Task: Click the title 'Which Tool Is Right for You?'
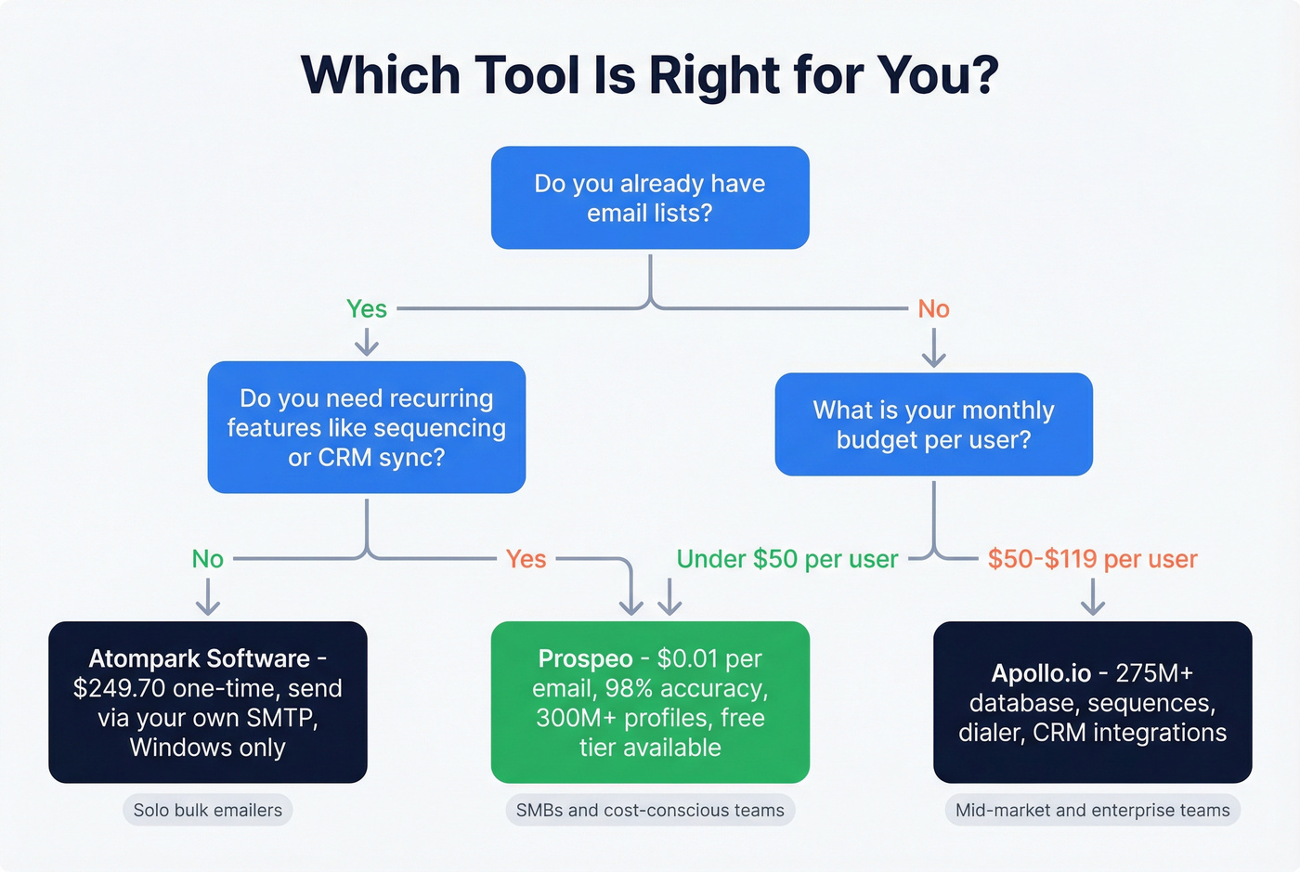pyautogui.click(x=649, y=75)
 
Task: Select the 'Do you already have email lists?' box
pyautogui.click(x=650, y=198)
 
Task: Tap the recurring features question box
pyautogui.click(x=367, y=427)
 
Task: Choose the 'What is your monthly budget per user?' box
pyautogui.click(x=933, y=424)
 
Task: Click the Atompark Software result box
pyautogui.click(x=208, y=702)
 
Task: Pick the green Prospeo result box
pyautogui.click(x=650, y=702)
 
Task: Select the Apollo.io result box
pyautogui.click(x=1092, y=702)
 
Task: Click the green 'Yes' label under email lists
pyautogui.click(x=367, y=309)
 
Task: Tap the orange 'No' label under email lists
pyautogui.click(x=933, y=309)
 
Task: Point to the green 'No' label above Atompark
pyautogui.click(x=208, y=559)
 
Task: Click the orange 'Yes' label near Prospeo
pyautogui.click(x=526, y=559)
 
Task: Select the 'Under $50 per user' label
pyautogui.click(x=787, y=559)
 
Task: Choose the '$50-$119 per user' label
pyautogui.click(x=1092, y=559)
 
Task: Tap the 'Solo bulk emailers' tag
pyautogui.click(x=208, y=810)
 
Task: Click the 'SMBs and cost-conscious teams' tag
pyautogui.click(x=650, y=810)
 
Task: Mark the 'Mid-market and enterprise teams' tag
pyautogui.click(x=1092, y=810)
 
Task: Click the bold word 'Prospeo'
pyautogui.click(x=585, y=658)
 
